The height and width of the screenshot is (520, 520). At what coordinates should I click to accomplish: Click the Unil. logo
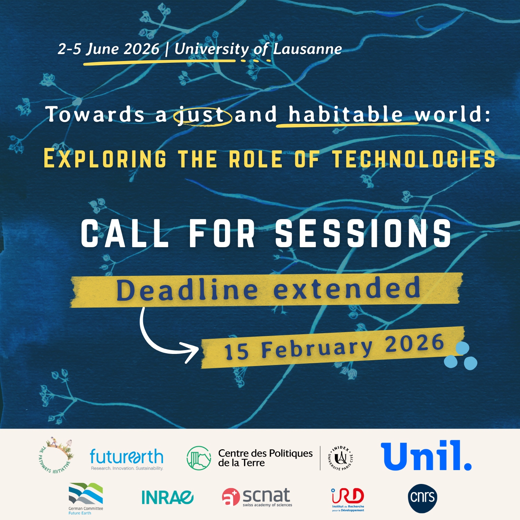coord(426,456)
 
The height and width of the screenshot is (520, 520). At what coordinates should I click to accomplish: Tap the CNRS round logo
coord(423,498)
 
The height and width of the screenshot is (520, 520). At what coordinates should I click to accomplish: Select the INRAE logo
coord(167,497)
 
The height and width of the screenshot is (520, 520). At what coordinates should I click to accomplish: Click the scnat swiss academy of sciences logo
coord(257,497)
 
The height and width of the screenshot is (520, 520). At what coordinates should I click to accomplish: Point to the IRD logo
coord(348,500)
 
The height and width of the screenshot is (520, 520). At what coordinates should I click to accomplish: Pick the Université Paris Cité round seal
coord(340,458)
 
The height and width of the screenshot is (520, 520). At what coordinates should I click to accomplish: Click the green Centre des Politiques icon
coord(199,458)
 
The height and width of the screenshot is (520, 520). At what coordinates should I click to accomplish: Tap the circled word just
coord(202,115)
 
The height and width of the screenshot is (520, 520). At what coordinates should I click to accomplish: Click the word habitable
coord(346,114)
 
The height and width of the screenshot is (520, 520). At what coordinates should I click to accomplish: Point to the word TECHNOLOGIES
coord(414,159)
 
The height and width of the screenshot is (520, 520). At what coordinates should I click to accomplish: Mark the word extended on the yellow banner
coord(347,288)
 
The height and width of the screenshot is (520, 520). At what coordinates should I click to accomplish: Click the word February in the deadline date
coord(317,348)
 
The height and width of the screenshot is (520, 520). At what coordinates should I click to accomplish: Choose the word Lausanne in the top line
coord(307,49)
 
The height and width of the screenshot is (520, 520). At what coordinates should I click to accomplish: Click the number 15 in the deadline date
coord(237,352)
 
